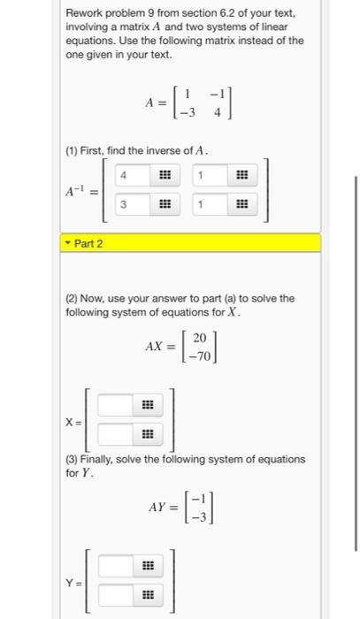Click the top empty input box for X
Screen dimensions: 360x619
click(x=115, y=406)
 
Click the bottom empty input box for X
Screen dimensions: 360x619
click(x=115, y=434)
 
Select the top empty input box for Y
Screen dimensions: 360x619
click(x=115, y=565)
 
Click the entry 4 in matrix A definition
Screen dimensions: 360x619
click(x=215, y=111)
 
